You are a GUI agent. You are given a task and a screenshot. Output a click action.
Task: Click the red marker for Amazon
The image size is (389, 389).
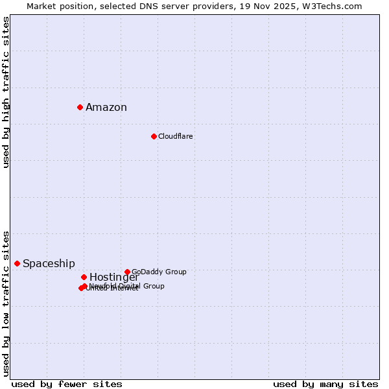point(80,107)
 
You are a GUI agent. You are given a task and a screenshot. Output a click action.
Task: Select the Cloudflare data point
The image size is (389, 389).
point(154,136)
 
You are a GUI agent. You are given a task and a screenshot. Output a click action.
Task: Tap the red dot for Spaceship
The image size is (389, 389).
point(17,263)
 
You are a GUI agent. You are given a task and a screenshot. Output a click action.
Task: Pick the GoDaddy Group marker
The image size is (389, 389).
point(127,272)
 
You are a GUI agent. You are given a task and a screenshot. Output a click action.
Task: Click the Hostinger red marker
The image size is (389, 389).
point(84,277)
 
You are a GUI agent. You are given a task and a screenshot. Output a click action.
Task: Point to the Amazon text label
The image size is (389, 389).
point(106,108)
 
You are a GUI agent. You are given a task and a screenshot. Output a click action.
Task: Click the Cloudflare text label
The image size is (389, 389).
point(175,136)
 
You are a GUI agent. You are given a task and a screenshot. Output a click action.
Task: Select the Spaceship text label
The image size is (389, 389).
point(49,264)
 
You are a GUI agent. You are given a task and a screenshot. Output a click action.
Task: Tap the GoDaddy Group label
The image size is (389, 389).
point(159,272)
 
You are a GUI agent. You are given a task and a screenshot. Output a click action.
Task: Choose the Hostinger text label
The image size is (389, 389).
point(114,277)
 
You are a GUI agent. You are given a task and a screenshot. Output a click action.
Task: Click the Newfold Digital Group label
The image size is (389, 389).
point(126,286)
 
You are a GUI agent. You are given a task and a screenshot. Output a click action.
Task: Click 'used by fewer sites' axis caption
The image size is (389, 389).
point(67,384)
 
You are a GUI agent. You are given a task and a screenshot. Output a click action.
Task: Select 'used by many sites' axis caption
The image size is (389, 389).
point(325,384)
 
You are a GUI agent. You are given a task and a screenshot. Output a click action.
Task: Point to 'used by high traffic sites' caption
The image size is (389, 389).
point(6,92)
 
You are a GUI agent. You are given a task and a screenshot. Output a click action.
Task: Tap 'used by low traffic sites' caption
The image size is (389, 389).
point(6,303)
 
